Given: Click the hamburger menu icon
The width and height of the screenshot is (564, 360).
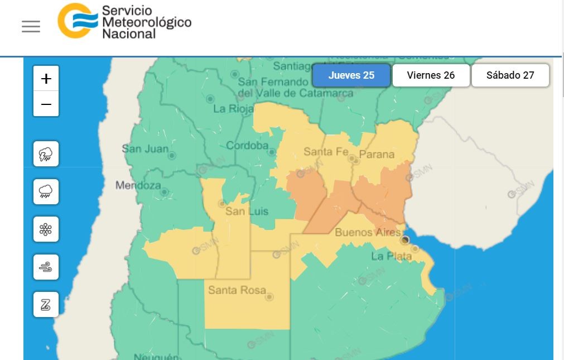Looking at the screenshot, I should [x=31, y=27].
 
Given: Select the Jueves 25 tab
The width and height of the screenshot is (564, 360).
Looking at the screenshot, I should [x=351, y=75].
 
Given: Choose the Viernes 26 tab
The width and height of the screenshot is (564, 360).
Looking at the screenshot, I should [x=431, y=75].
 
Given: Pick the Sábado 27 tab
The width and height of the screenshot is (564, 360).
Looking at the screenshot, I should [x=510, y=75].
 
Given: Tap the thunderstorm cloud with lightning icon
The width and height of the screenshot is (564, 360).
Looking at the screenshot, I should [x=46, y=154].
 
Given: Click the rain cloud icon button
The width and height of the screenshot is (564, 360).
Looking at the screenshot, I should [x=46, y=191].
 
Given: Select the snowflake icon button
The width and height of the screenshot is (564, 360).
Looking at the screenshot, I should [x=46, y=229].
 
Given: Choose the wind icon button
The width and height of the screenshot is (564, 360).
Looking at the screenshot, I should [x=46, y=267].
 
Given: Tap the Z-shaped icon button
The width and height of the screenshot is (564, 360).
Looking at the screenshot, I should [x=46, y=305].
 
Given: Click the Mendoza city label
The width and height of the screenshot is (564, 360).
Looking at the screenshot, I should [x=138, y=185].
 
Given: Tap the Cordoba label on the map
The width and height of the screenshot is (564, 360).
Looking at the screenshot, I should [x=247, y=146].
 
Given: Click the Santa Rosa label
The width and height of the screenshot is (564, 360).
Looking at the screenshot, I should [x=237, y=290].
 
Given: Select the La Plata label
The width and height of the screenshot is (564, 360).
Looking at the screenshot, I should [x=392, y=256].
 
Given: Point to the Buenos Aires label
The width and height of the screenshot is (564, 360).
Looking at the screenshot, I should [x=368, y=232].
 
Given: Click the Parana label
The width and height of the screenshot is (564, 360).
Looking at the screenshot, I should [x=377, y=154].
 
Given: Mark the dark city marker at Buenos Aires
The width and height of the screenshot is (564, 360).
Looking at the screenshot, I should [x=405, y=240].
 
